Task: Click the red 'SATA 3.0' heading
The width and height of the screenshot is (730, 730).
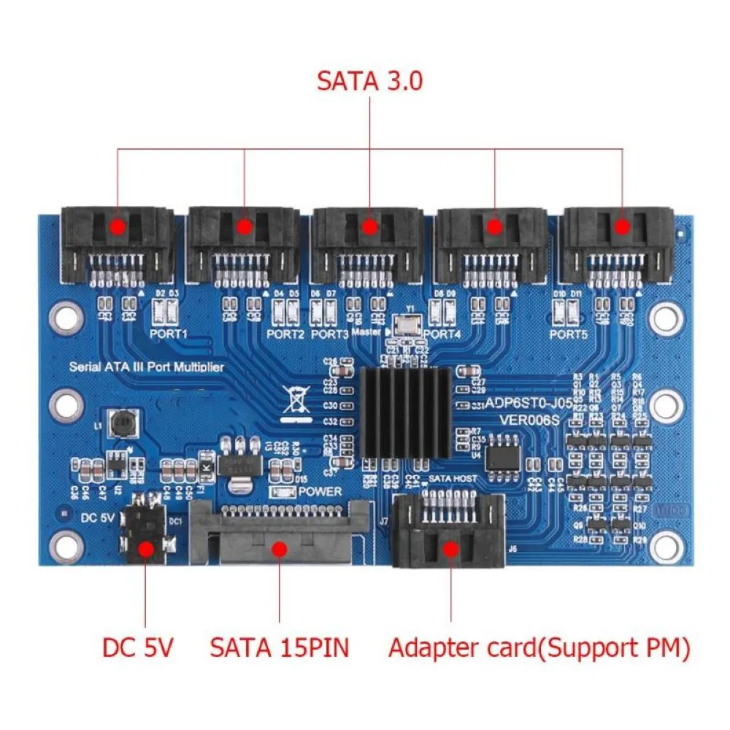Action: (x=369, y=80)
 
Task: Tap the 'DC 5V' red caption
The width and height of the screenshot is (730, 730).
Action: (x=137, y=647)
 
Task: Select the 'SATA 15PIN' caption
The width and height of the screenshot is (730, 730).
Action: (x=280, y=647)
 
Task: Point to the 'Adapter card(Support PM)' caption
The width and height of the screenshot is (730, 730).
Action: (x=539, y=647)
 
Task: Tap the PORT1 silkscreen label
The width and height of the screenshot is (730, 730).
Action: (x=169, y=334)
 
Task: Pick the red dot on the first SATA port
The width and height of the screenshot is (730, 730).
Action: (x=118, y=226)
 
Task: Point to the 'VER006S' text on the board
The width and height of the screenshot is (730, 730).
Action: (x=529, y=419)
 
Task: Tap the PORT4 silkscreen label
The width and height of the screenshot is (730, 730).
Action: (x=442, y=334)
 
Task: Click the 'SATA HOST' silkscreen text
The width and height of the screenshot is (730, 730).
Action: (x=453, y=478)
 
